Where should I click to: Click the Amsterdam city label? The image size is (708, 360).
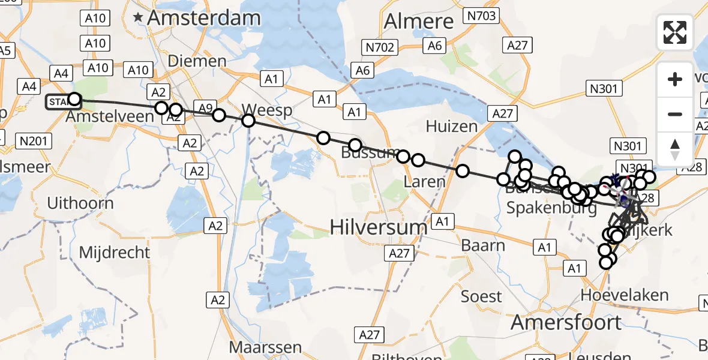(203, 18)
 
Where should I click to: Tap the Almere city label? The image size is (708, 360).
(419, 22)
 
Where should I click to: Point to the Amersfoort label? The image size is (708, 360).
(566, 322)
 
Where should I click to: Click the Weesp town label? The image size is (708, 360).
(267, 110)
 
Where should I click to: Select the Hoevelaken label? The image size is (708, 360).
(625, 295)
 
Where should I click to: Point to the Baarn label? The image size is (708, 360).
(483, 245)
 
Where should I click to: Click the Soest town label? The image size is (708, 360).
(481, 296)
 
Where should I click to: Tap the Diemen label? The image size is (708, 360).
(197, 61)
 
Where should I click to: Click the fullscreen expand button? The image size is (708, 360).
(675, 32)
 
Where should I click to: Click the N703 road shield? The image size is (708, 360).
(482, 16)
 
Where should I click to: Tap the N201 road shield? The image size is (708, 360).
(35, 142)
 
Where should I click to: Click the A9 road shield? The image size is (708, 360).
(205, 109)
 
